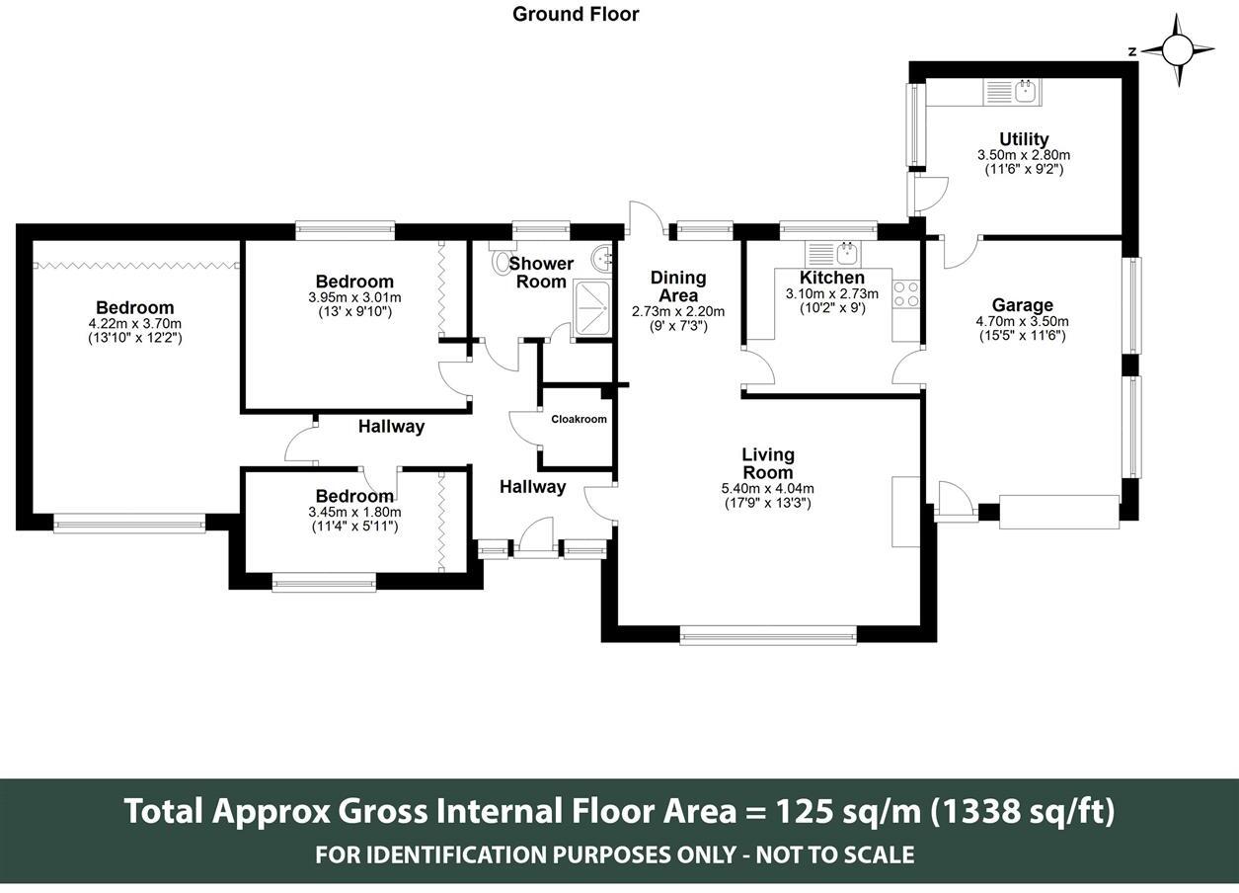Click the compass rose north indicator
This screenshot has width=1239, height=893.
[1178, 50]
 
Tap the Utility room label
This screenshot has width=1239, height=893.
[1024, 139]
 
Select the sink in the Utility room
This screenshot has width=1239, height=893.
[1012, 91]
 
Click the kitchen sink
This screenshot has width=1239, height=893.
[833, 254]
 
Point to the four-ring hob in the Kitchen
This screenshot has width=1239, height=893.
[905, 293]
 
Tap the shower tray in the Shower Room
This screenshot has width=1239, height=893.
[591, 308]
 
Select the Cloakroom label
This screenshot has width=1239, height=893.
[579, 420]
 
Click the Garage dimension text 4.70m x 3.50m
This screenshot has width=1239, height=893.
[1022, 321]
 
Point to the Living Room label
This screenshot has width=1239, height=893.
[768, 463]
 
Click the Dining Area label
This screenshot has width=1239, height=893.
[678, 286]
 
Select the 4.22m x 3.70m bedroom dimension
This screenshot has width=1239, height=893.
[135, 323]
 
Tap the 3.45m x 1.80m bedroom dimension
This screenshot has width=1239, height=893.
[354, 512]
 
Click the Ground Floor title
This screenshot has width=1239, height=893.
[576, 15]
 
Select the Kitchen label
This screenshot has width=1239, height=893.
[832, 278]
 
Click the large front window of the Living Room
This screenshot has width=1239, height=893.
[768, 635]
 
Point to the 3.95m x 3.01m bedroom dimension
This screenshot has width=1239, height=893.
[354, 297]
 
